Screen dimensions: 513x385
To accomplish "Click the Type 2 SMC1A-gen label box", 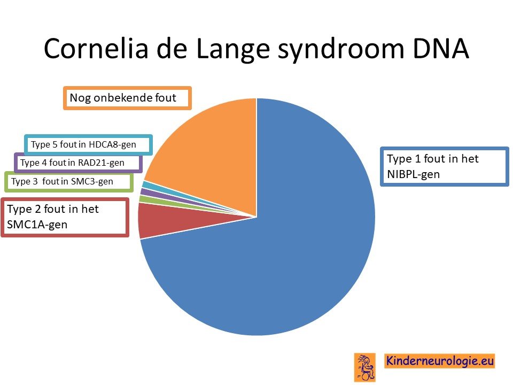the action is pyautogui.click(x=65, y=217).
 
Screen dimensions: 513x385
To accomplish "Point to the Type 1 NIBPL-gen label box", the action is pyautogui.click(x=444, y=167).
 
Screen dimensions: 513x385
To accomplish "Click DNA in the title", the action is pyautogui.click(x=441, y=49).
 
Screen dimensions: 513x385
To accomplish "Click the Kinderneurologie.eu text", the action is pyautogui.click(x=440, y=361).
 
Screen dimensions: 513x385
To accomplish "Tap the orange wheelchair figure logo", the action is pyautogui.click(x=364, y=367).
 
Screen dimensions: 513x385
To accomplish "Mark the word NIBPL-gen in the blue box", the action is pyautogui.click(x=413, y=174).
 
